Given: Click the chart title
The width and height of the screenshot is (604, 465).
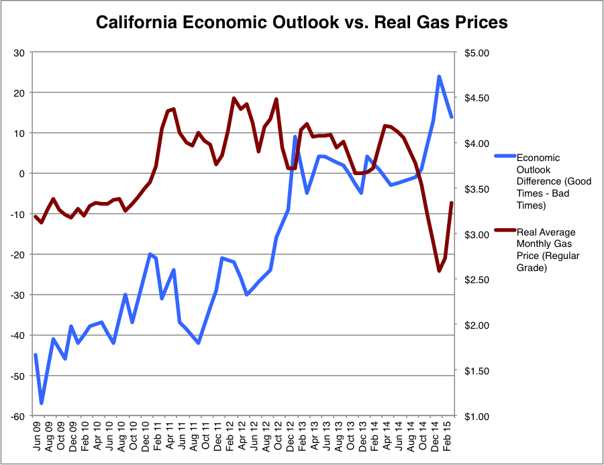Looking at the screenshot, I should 302,22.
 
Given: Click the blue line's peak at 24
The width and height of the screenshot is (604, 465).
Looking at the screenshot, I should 440,76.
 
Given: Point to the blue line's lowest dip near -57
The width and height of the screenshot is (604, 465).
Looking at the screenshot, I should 42,403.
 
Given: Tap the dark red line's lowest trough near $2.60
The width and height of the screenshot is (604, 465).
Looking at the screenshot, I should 440,271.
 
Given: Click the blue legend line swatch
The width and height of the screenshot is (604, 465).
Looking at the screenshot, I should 504,156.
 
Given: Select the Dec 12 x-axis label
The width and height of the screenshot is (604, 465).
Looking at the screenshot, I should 289,433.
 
